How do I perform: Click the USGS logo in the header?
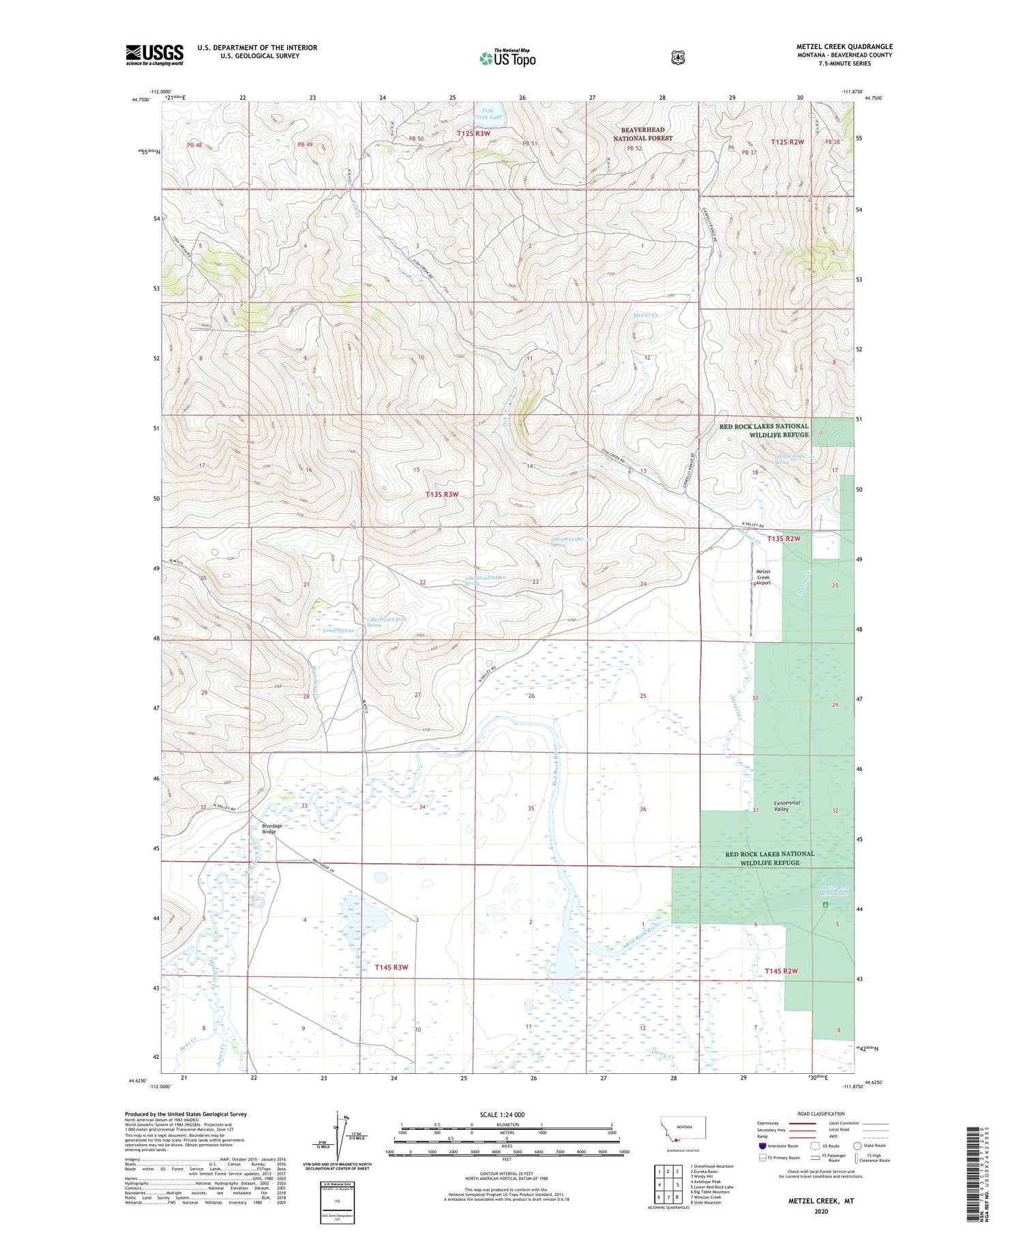click(154, 55)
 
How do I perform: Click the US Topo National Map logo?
click(507, 57)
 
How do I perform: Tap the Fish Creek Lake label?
click(492, 113)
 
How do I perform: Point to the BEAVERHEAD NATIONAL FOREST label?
click(642, 134)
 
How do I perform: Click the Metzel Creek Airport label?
click(763, 577)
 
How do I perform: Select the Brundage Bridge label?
click(271, 828)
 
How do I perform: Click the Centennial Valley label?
click(782, 806)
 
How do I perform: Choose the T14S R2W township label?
click(781, 970)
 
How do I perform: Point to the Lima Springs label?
click(338, 630)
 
